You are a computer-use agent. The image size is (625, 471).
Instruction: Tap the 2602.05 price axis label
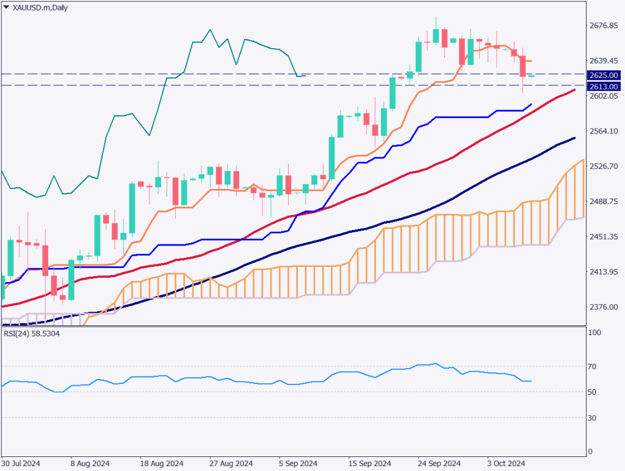[x=604, y=96]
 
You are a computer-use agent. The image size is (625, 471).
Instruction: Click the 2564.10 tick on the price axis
[x=604, y=131]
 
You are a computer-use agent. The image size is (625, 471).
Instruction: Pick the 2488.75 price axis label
[x=604, y=201]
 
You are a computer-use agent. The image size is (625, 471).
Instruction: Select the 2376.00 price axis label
[x=604, y=307]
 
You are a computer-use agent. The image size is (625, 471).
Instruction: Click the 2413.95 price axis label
[x=604, y=272]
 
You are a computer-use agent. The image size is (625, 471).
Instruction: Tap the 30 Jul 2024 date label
[x=21, y=463]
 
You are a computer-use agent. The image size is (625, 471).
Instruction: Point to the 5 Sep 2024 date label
[x=298, y=463]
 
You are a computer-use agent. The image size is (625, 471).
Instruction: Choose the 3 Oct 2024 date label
[x=506, y=463]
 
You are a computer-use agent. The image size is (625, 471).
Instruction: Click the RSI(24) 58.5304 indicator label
[x=38, y=333]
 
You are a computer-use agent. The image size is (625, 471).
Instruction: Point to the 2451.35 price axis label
[x=604, y=236]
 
